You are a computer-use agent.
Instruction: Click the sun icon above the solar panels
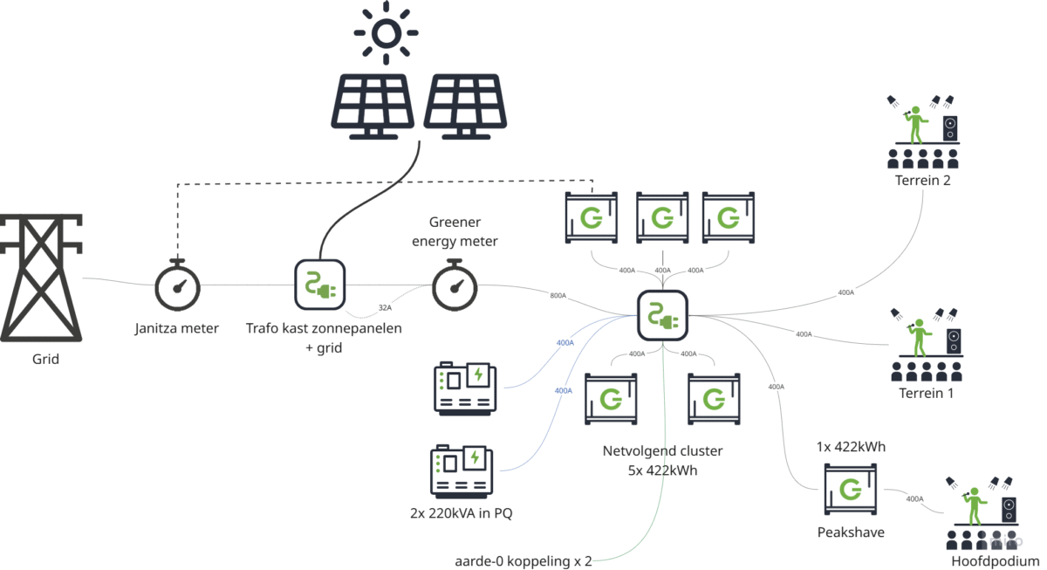tap(385, 33)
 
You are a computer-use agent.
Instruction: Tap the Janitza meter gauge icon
tap(178, 285)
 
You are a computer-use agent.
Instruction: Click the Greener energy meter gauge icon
tap(455, 285)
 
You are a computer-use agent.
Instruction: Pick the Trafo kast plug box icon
tap(318, 285)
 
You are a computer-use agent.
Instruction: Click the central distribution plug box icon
tap(663, 316)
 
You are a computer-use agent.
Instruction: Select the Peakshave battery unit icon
tap(850, 490)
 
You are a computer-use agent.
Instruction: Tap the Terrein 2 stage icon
tap(922, 132)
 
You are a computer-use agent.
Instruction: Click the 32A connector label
tap(385, 308)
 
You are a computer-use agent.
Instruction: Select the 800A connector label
tap(558, 296)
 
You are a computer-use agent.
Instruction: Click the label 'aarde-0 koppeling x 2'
tap(523, 560)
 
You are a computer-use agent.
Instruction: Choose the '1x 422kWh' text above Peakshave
tap(850, 447)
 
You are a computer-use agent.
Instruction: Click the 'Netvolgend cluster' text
tap(663, 451)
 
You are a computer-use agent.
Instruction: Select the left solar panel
tap(374, 106)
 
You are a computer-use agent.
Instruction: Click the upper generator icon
tap(466, 387)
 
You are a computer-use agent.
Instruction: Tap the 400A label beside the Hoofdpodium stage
tap(914, 499)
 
